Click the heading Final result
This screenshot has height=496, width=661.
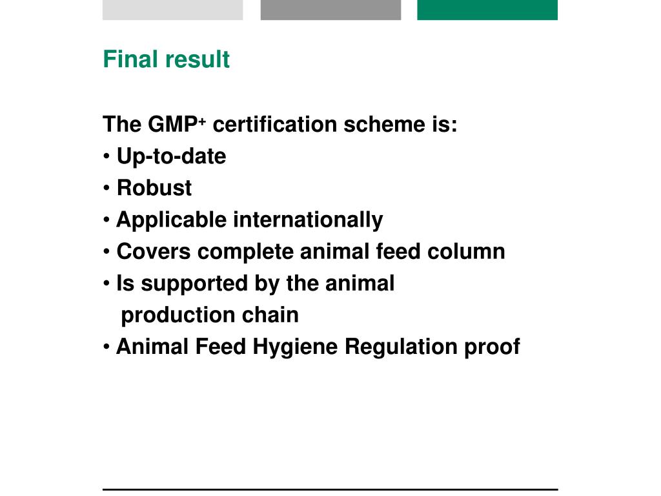166,59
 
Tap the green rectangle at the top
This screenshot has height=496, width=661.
487,10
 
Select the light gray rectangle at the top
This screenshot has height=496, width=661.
172,10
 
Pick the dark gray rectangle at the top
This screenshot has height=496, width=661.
330,10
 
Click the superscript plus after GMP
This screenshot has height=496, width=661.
201,119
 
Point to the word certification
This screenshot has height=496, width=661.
274,124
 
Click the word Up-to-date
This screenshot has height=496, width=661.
171,156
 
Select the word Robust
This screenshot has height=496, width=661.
154,188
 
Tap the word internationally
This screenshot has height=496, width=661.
308,220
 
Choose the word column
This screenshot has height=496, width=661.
466,251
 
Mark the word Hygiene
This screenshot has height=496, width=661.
295,347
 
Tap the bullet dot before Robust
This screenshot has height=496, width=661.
107,189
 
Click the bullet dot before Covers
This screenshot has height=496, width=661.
107,252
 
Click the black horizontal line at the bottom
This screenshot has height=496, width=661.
330,489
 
